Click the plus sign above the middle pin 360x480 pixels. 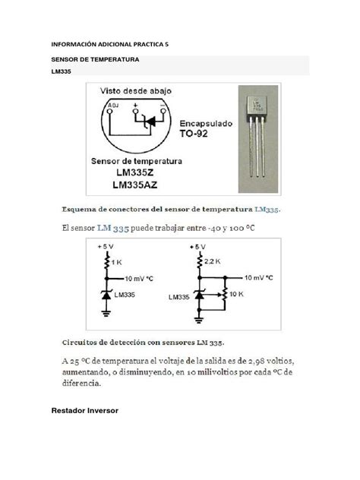[136, 103]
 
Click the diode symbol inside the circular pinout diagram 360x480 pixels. [149, 121]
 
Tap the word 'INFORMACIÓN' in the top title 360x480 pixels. [77, 45]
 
